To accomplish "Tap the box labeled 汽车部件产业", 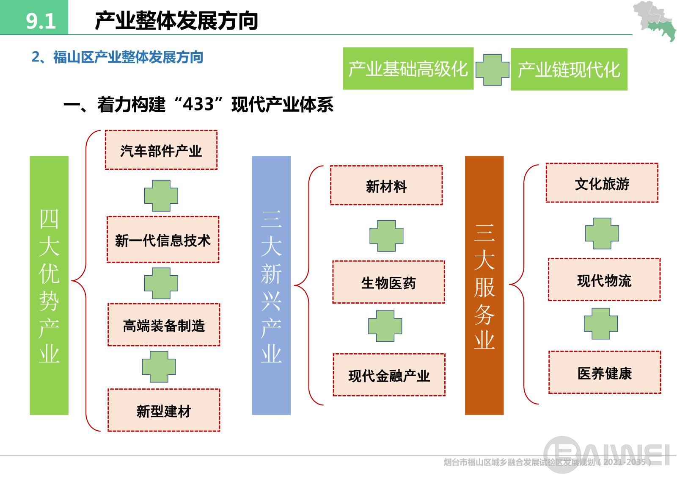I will coord(161,150).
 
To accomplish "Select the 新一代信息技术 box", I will coord(163,240).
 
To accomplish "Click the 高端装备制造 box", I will coord(164,325).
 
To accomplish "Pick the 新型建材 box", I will coord(164,410).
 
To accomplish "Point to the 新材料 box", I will coord(386,186).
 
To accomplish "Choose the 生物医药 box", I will coord(388,282).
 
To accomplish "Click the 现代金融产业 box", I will coord(389,375).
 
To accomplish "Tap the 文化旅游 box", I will coord(602,183).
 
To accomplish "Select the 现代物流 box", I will coord(604,280).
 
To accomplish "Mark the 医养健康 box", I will coord(604,373).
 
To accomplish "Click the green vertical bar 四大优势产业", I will coord(49,285).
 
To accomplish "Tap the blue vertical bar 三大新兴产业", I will coord(271,285).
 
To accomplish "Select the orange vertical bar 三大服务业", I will coord(484,285).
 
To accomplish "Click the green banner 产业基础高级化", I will coord(408,69).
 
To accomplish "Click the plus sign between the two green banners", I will coord(492,70).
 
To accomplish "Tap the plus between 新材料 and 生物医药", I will coord(386,236).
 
